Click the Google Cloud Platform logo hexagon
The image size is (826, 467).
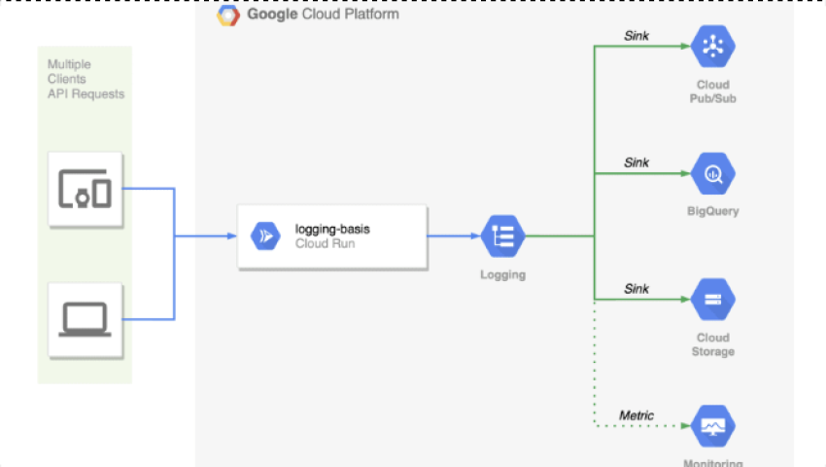228,15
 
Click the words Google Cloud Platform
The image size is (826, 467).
323,15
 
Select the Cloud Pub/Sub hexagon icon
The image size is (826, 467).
713,45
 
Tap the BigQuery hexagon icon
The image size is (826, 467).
713,174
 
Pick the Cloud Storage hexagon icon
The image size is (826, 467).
713,300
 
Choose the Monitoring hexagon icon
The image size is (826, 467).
713,425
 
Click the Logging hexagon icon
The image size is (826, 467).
502,235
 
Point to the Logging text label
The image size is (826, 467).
502,274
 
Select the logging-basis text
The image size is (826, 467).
332,230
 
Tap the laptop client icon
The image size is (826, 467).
85,318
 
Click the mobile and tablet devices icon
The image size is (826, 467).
85,188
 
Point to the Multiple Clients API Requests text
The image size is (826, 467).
86,79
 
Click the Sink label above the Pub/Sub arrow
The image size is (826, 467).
637,37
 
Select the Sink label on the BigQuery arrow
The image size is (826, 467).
637,162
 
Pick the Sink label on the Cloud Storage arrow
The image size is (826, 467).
637,289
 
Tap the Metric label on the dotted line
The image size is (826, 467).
637,415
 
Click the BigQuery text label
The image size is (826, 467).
712,211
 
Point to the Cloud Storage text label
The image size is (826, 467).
712,344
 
